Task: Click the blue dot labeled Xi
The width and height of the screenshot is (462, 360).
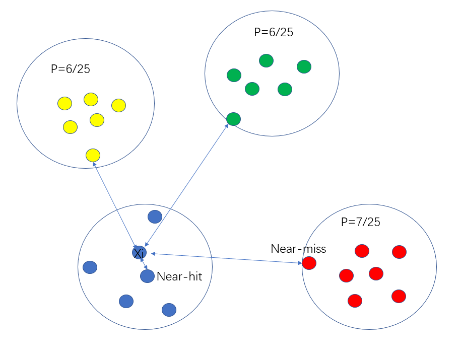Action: (139, 252)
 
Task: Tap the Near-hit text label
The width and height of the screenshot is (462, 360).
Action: (179, 276)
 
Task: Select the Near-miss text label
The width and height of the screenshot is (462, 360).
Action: (298, 249)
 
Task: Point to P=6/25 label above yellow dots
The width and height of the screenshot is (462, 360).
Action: (71, 69)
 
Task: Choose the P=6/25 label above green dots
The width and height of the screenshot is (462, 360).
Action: (274, 32)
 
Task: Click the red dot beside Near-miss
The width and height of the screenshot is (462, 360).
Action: (309, 263)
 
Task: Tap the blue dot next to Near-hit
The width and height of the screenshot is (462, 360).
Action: (147, 276)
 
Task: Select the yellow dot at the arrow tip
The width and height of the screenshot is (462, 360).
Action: (93, 155)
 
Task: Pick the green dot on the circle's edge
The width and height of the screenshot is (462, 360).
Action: (233, 119)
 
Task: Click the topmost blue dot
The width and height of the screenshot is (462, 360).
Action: (155, 217)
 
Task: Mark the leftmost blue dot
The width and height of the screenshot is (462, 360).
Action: (90, 267)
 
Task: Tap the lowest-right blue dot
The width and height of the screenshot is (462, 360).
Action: (169, 310)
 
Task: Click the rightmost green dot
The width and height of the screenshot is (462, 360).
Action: (304, 66)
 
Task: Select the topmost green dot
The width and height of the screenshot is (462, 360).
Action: (266, 60)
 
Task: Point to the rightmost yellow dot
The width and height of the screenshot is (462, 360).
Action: (118, 105)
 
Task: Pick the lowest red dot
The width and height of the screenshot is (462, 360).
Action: (355, 301)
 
